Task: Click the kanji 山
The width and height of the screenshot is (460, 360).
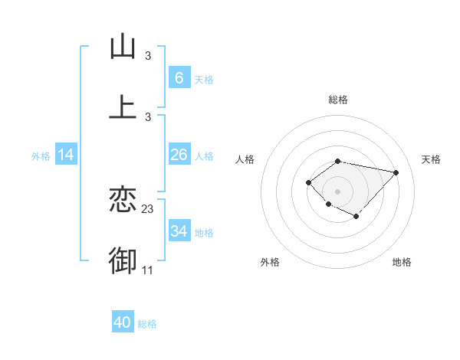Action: pos(123,47)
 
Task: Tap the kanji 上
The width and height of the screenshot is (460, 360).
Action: pos(123,106)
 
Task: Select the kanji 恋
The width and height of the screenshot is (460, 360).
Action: pos(123,200)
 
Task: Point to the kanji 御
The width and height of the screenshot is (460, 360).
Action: pos(123,260)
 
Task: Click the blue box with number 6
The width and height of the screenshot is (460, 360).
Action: pos(179,78)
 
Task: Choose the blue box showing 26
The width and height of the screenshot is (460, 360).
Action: pos(179,155)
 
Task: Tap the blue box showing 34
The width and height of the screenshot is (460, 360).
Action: pos(179,231)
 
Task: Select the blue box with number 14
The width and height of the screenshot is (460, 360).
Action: pos(66,155)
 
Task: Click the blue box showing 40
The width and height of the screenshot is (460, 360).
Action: pos(123,322)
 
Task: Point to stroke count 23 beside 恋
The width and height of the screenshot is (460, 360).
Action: pos(148,208)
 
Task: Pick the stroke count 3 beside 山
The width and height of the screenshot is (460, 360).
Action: pos(148,55)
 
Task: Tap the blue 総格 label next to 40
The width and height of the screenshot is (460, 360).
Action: pos(147,324)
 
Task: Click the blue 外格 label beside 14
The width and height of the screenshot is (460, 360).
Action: pos(41,156)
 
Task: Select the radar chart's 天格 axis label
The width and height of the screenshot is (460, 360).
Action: pos(431,159)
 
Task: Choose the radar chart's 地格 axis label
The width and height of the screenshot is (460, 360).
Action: pos(402,262)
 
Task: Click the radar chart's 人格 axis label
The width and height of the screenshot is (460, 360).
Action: pos(245,159)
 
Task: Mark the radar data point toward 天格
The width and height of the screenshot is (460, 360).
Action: pos(396,172)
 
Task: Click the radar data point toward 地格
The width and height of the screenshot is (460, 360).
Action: pos(356,217)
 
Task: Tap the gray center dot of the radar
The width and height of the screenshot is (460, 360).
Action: pos(338,191)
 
